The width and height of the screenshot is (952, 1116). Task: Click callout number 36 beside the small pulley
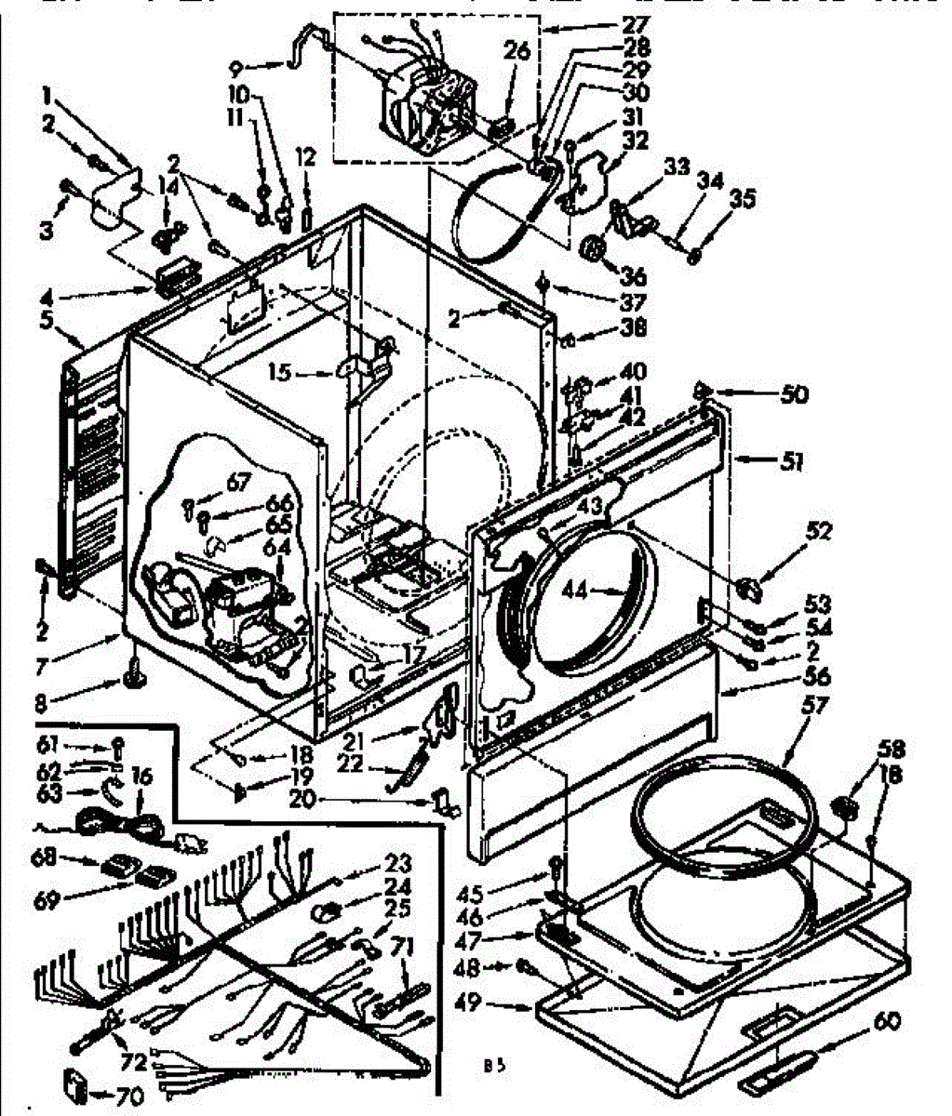634,275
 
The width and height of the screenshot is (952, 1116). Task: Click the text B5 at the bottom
493,1067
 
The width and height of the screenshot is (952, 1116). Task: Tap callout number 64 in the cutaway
275,549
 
